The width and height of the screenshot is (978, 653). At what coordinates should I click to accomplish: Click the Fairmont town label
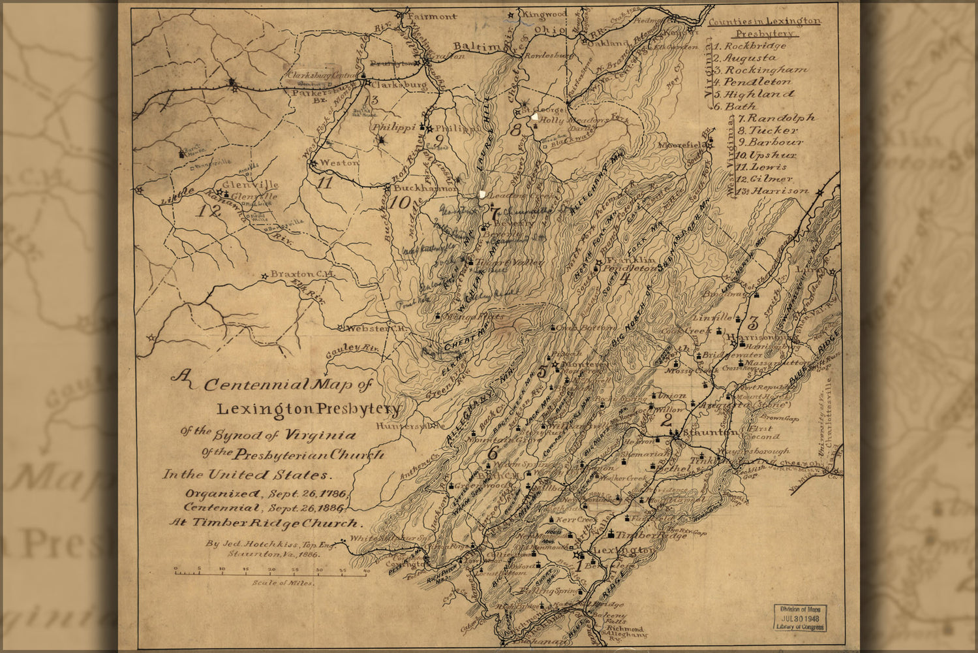[x=433, y=16]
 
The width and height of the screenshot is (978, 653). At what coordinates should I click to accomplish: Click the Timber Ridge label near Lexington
[x=643, y=535]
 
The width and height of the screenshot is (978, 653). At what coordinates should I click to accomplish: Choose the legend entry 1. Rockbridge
[x=749, y=46]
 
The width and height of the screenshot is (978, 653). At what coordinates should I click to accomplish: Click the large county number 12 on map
[x=210, y=210]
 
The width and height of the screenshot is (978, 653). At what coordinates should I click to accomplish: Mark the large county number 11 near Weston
[x=325, y=183]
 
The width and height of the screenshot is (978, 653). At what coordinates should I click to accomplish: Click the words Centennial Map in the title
[x=287, y=384]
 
